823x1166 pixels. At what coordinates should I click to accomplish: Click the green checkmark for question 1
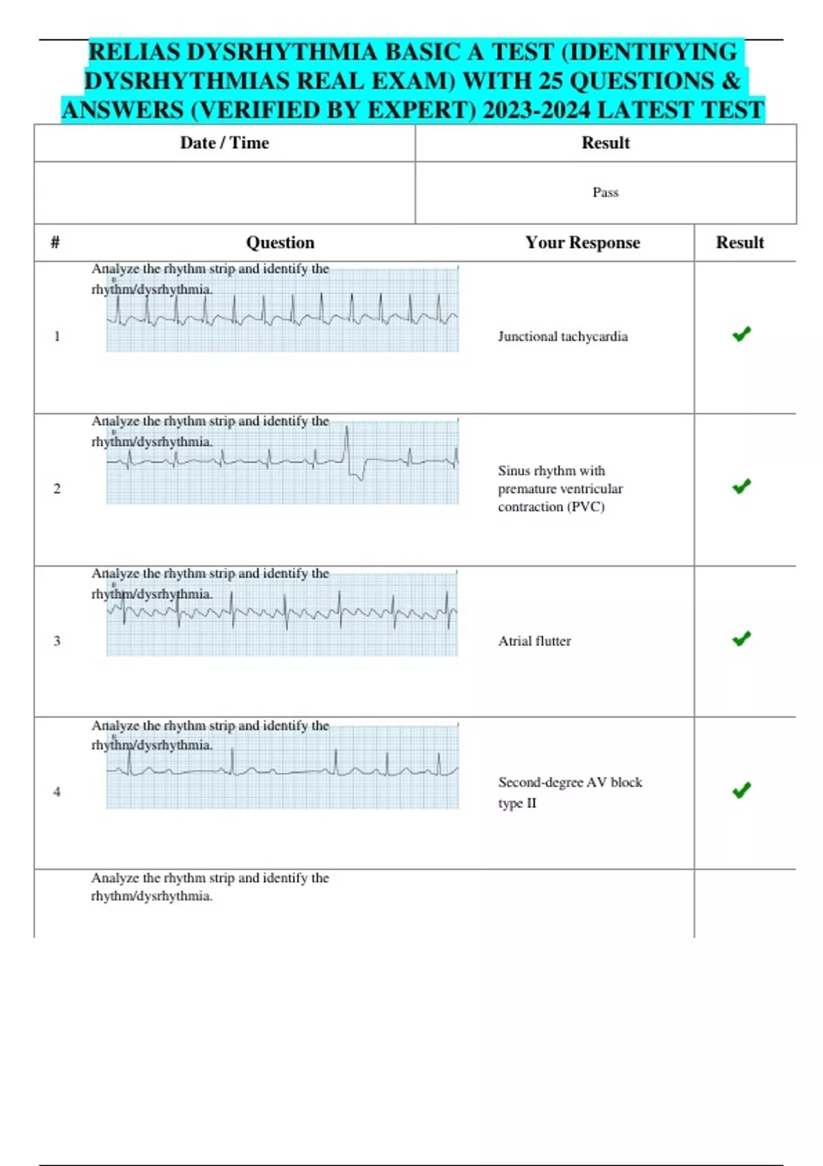click(x=741, y=334)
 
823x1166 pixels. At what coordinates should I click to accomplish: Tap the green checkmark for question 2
click(x=741, y=486)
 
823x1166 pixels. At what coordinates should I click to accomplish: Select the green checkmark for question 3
click(x=741, y=639)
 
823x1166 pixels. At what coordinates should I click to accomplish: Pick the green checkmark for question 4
click(x=741, y=790)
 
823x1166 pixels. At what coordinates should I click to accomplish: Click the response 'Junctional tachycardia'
click(x=562, y=337)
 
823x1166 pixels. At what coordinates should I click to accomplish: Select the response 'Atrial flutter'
click(x=534, y=641)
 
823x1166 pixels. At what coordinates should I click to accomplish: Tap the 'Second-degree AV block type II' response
click(x=569, y=792)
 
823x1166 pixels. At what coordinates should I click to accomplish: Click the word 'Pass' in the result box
click(x=606, y=193)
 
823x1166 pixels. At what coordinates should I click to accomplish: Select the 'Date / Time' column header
click(x=224, y=143)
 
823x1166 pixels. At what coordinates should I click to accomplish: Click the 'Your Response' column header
click(x=582, y=242)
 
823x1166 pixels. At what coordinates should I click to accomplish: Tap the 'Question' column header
click(x=280, y=242)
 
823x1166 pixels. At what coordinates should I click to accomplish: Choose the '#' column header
click(x=55, y=242)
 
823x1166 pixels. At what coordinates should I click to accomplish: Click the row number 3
click(x=57, y=641)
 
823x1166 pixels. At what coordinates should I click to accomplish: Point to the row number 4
click(x=57, y=792)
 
